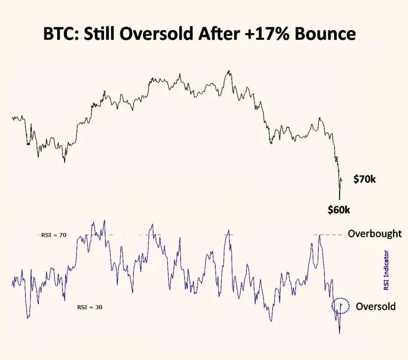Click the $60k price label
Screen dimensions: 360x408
(340, 209)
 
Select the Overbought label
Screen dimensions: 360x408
(374, 234)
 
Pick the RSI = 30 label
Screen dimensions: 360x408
(89, 307)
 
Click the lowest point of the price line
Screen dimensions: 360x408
(339, 198)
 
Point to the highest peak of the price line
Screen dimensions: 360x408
(229, 71)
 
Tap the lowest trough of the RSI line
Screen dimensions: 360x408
(339, 333)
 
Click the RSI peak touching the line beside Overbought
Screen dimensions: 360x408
(320, 235)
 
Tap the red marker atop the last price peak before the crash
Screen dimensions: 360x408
(320, 118)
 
